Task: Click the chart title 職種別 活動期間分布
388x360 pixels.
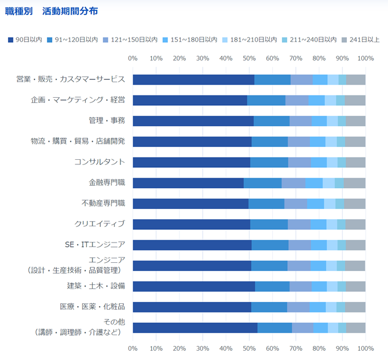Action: click(x=52, y=11)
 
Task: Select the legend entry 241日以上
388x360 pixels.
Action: click(x=361, y=39)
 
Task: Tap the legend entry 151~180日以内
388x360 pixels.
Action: click(x=191, y=39)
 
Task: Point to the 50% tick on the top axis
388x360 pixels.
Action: click(x=249, y=58)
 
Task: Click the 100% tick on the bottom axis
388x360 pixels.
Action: click(x=365, y=348)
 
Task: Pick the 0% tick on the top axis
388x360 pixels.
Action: click(x=133, y=58)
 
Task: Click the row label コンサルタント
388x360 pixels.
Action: click(x=100, y=162)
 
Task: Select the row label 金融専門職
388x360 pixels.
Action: click(x=107, y=183)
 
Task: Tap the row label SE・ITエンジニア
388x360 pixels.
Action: click(x=96, y=245)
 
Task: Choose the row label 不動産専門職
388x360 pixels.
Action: click(x=104, y=203)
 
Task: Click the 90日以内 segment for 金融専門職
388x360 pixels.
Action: click(x=188, y=183)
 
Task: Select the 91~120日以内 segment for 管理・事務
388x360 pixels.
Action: click(x=271, y=121)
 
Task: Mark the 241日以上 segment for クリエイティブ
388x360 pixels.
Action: click(x=355, y=224)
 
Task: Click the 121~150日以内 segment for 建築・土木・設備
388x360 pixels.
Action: click(x=301, y=286)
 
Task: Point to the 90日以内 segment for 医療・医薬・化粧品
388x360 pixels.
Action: click(x=192, y=307)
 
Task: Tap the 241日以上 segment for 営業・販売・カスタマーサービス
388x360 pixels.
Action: click(x=356, y=80)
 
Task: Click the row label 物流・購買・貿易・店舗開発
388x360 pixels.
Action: click(x=78, y=141)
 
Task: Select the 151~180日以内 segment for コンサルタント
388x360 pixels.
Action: click(x=319, y=162)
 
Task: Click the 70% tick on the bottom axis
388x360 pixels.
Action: click(x=296, y=348)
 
